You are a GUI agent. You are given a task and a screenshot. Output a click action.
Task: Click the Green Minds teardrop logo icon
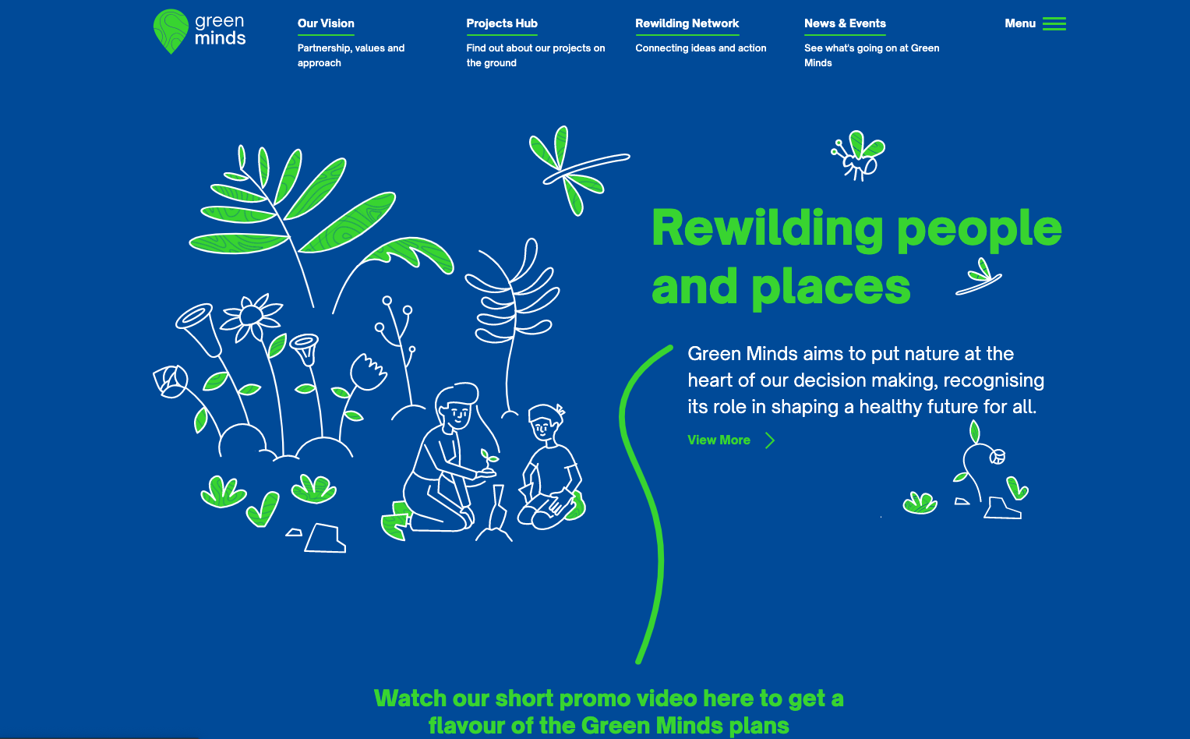coord(171,31)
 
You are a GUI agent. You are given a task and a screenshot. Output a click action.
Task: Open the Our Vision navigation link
coord(326,23)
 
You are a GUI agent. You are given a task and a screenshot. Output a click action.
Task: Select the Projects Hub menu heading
coord(502,23)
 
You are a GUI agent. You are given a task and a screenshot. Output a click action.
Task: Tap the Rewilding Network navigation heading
coord(687,23)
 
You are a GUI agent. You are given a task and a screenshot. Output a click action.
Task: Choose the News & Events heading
coord(845,23)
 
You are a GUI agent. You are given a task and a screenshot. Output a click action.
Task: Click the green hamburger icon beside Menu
coord(1054,24)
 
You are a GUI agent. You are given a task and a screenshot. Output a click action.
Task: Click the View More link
coord(719,440)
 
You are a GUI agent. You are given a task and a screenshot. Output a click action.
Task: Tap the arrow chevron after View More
coord(770,440)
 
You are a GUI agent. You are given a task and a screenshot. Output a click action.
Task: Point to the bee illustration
coord(858,155)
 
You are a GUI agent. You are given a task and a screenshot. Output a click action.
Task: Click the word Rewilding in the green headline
coord(767,228)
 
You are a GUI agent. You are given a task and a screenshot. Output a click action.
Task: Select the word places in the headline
coord(831,288)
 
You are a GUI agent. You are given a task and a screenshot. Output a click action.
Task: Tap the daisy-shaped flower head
coord(251,316)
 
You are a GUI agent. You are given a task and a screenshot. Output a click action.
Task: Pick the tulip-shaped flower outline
coord(368,372)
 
